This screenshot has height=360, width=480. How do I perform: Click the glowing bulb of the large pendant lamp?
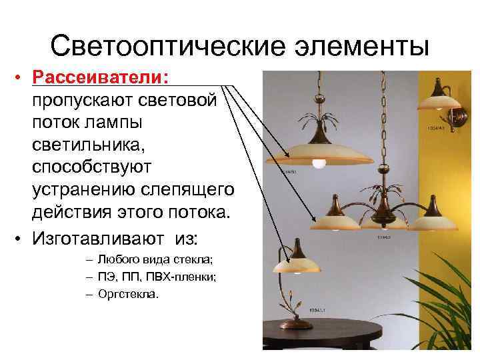tap(319, 162)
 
